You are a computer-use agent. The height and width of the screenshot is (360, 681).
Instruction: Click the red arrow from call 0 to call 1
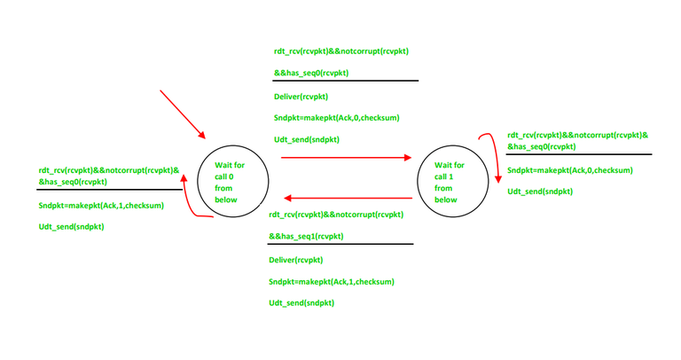(x=346, y=157)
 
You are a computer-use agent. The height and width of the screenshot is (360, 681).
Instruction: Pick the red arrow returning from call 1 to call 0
(x=348, y=198)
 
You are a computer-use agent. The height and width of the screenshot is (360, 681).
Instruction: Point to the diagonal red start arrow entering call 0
(x=183, y=114)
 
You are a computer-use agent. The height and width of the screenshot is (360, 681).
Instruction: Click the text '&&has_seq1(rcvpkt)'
(x=306, y=236)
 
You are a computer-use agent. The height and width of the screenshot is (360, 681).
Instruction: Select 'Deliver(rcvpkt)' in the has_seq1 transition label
(x=296, y=260)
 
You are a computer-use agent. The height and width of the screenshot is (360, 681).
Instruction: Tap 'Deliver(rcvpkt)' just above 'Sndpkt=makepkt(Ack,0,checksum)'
(x=301, y=97)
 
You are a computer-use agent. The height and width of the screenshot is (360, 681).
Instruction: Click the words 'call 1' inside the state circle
(x=444, y=176)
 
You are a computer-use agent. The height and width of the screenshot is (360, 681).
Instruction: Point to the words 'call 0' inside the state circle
(x=224, y=176)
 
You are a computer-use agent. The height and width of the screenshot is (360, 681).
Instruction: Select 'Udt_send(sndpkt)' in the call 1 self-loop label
(x=540, y=192)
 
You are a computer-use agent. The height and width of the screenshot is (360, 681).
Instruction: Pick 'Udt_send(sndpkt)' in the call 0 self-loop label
(x=71, y=227)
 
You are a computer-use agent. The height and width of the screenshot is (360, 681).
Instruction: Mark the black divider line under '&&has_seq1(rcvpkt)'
(x=340, y=244)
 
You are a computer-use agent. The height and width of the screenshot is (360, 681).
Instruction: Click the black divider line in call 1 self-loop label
(x=579, y=154)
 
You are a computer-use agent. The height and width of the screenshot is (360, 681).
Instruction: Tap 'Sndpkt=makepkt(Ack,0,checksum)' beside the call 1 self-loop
(x=570, y=170)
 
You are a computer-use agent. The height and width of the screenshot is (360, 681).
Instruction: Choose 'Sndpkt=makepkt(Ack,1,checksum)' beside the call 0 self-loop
(x=101, y=206)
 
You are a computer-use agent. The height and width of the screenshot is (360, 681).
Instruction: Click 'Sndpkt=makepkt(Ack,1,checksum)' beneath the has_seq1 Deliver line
(x=332, y=282)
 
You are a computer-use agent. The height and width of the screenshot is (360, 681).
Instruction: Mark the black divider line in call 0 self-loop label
(x=109, y=190)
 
